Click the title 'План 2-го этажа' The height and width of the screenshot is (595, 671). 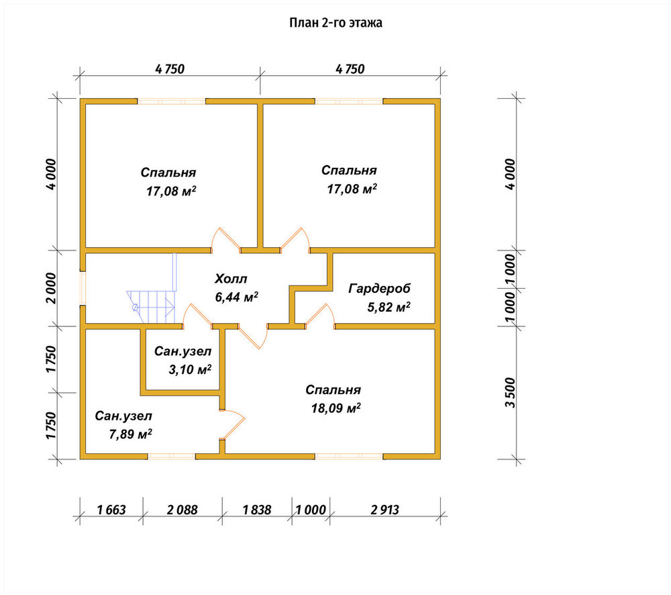coord(335,23)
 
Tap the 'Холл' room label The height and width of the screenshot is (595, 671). coord(231,279)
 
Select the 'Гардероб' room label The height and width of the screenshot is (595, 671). coord(379,289)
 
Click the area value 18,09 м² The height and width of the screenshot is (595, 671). coord(336,408)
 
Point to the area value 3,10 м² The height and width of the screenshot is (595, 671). coord(190,369)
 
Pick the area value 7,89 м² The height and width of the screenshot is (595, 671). coord(131,434)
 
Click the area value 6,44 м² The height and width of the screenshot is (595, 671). coord(237,297)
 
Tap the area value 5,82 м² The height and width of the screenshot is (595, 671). coord(389,307)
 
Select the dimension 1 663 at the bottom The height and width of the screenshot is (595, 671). coord(111,510)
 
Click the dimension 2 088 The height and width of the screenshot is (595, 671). coord(183,510)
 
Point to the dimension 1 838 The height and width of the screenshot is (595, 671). coord(257,510)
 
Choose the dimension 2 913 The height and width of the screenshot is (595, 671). coord(384,510)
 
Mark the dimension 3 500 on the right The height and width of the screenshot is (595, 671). coord(510,392)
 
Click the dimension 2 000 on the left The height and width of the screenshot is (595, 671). coord(51,288)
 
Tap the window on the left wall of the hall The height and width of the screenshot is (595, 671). coord(83,288)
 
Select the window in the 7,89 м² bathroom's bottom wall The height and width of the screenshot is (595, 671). coord(172,456)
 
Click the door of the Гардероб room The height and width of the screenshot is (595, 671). coord(320,316)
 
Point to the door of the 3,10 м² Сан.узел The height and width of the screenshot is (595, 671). coord(197,316)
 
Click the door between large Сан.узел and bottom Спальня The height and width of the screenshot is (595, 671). coord(232,424)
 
